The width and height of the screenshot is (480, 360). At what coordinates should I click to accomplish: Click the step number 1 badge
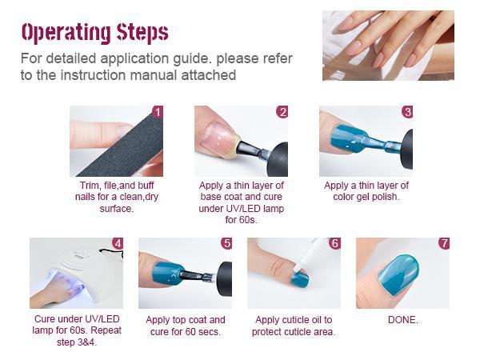158,112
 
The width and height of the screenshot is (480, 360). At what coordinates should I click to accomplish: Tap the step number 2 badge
282,112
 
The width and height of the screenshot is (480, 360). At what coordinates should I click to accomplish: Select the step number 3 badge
407,112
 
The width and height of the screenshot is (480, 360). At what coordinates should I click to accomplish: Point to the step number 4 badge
118,243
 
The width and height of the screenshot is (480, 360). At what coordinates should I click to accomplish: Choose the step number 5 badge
226,243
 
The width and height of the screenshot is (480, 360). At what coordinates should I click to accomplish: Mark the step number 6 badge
334,243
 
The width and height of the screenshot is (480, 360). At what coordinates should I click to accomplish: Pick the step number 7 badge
444,243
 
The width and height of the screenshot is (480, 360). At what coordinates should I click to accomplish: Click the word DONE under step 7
402,320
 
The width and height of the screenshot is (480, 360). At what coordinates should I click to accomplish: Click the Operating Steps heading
94,32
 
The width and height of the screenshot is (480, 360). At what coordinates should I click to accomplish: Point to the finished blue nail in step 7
398,276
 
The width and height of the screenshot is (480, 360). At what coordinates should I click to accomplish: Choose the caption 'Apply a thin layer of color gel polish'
366,191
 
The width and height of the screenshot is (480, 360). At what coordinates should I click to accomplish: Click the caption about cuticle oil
294,326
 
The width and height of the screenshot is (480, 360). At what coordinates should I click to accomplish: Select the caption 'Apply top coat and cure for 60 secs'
185,326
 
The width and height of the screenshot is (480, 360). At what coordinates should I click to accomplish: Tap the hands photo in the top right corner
388,45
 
